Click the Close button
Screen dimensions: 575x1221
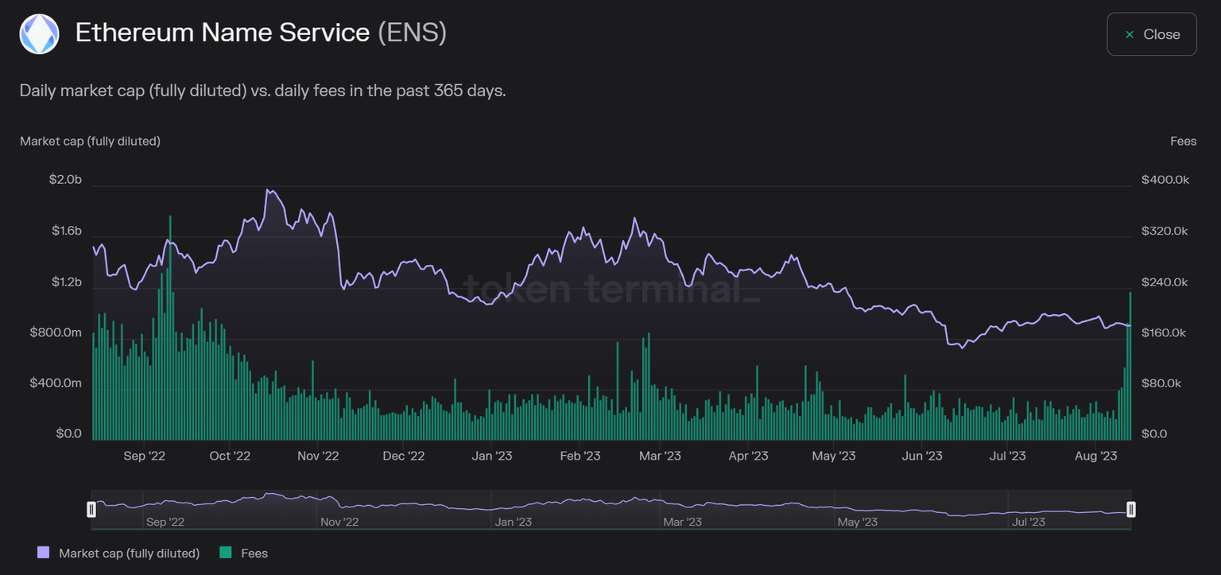(1151, 34)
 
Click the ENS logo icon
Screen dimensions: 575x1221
(39, 34)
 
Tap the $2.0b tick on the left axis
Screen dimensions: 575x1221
(65, 180)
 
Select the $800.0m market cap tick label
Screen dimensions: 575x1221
(56, 332)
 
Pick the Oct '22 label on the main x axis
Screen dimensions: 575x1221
(230, 456)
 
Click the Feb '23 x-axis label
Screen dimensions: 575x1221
(580, 456)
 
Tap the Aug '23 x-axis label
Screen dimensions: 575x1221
(1095, 456)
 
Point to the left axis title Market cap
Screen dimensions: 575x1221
(90, 141)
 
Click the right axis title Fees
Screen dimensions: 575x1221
(1183, 141)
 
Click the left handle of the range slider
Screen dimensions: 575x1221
(91, 509)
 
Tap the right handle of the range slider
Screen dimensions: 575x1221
(1130, 509)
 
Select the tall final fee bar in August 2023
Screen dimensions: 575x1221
(1130, 366)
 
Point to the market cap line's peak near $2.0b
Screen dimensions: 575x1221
(268, 190)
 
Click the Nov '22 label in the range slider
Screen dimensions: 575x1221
(339, 522)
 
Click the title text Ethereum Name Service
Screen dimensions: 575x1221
(222, 33)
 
